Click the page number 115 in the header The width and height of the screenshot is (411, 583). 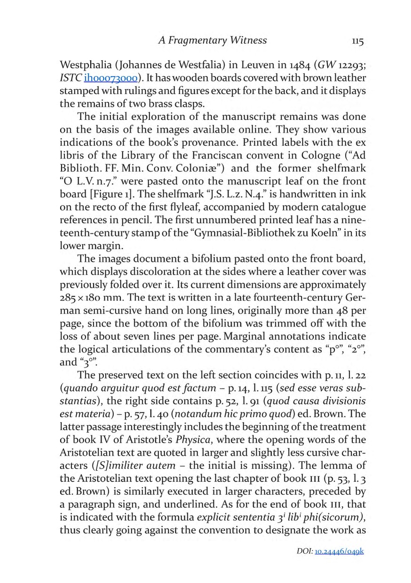click(x=357, y=41)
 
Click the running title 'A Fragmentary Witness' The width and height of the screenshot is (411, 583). click(x=212, y=40)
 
